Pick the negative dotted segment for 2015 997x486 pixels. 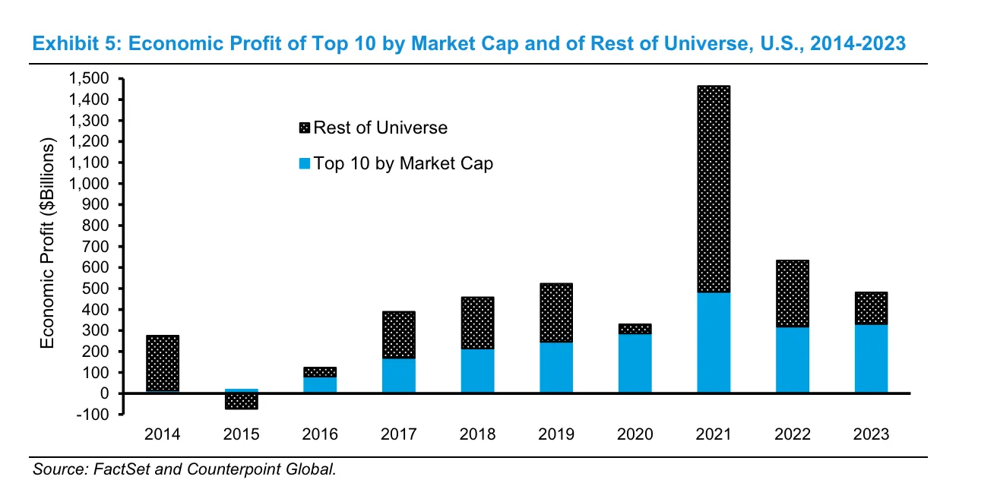241,401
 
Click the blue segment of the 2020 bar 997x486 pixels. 635,364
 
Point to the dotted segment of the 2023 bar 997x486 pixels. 871,308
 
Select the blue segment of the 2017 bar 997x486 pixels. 398,375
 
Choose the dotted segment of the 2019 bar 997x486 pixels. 556,313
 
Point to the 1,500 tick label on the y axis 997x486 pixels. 88,79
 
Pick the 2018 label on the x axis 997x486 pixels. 477,434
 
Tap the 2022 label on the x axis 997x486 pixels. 793,434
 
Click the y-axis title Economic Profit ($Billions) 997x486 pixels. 48,245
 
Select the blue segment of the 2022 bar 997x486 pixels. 793,360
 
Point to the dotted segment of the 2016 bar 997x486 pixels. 320,372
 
